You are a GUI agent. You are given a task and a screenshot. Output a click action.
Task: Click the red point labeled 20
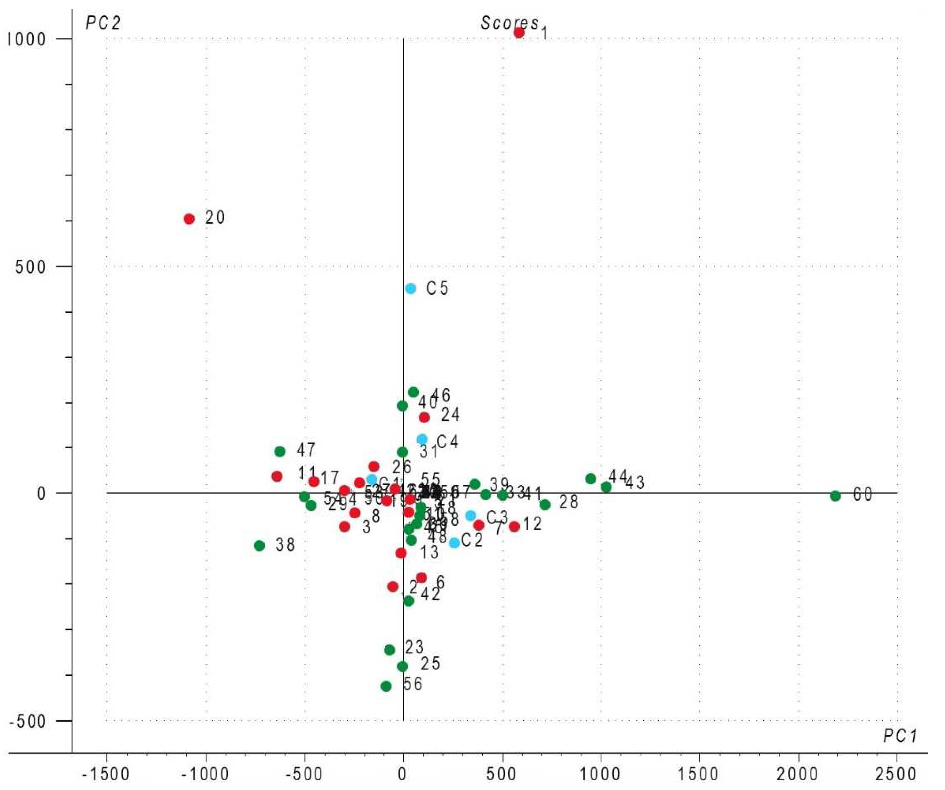pos(189,219)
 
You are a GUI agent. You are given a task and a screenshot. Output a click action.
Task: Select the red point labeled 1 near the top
pos(519,33)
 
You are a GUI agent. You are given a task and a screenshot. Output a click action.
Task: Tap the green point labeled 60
pos(835,496)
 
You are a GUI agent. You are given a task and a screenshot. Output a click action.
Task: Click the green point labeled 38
pos(259,546)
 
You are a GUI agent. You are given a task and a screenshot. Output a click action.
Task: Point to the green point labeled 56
pos(386,686)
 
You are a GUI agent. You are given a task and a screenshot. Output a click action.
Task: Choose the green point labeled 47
pos(280,451)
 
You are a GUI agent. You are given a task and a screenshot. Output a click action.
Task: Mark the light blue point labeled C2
pos(455,542)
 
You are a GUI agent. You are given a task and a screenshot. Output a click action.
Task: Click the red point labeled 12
pos(514,526)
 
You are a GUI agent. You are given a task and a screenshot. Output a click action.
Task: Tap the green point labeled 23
pos(390,649)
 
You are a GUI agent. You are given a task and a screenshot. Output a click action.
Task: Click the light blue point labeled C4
pos(422,439)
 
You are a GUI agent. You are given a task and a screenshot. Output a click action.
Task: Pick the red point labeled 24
pos(424,417)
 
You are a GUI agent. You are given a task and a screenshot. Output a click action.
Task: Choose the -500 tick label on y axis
pos(28,721)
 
